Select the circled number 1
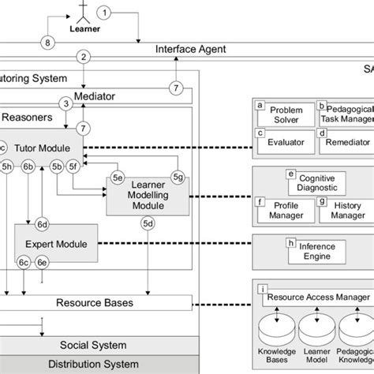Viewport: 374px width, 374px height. (x=107, y=12)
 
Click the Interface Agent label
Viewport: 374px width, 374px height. (x=190, y=49)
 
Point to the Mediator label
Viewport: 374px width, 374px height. (x=115, y=96)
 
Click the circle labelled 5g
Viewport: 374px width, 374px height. (x=178, y=177)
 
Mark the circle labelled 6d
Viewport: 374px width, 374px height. (x=43, y=224)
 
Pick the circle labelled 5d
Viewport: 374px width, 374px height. (x=148, y=224)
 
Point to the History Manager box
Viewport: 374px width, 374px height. (x=344, y=208)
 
